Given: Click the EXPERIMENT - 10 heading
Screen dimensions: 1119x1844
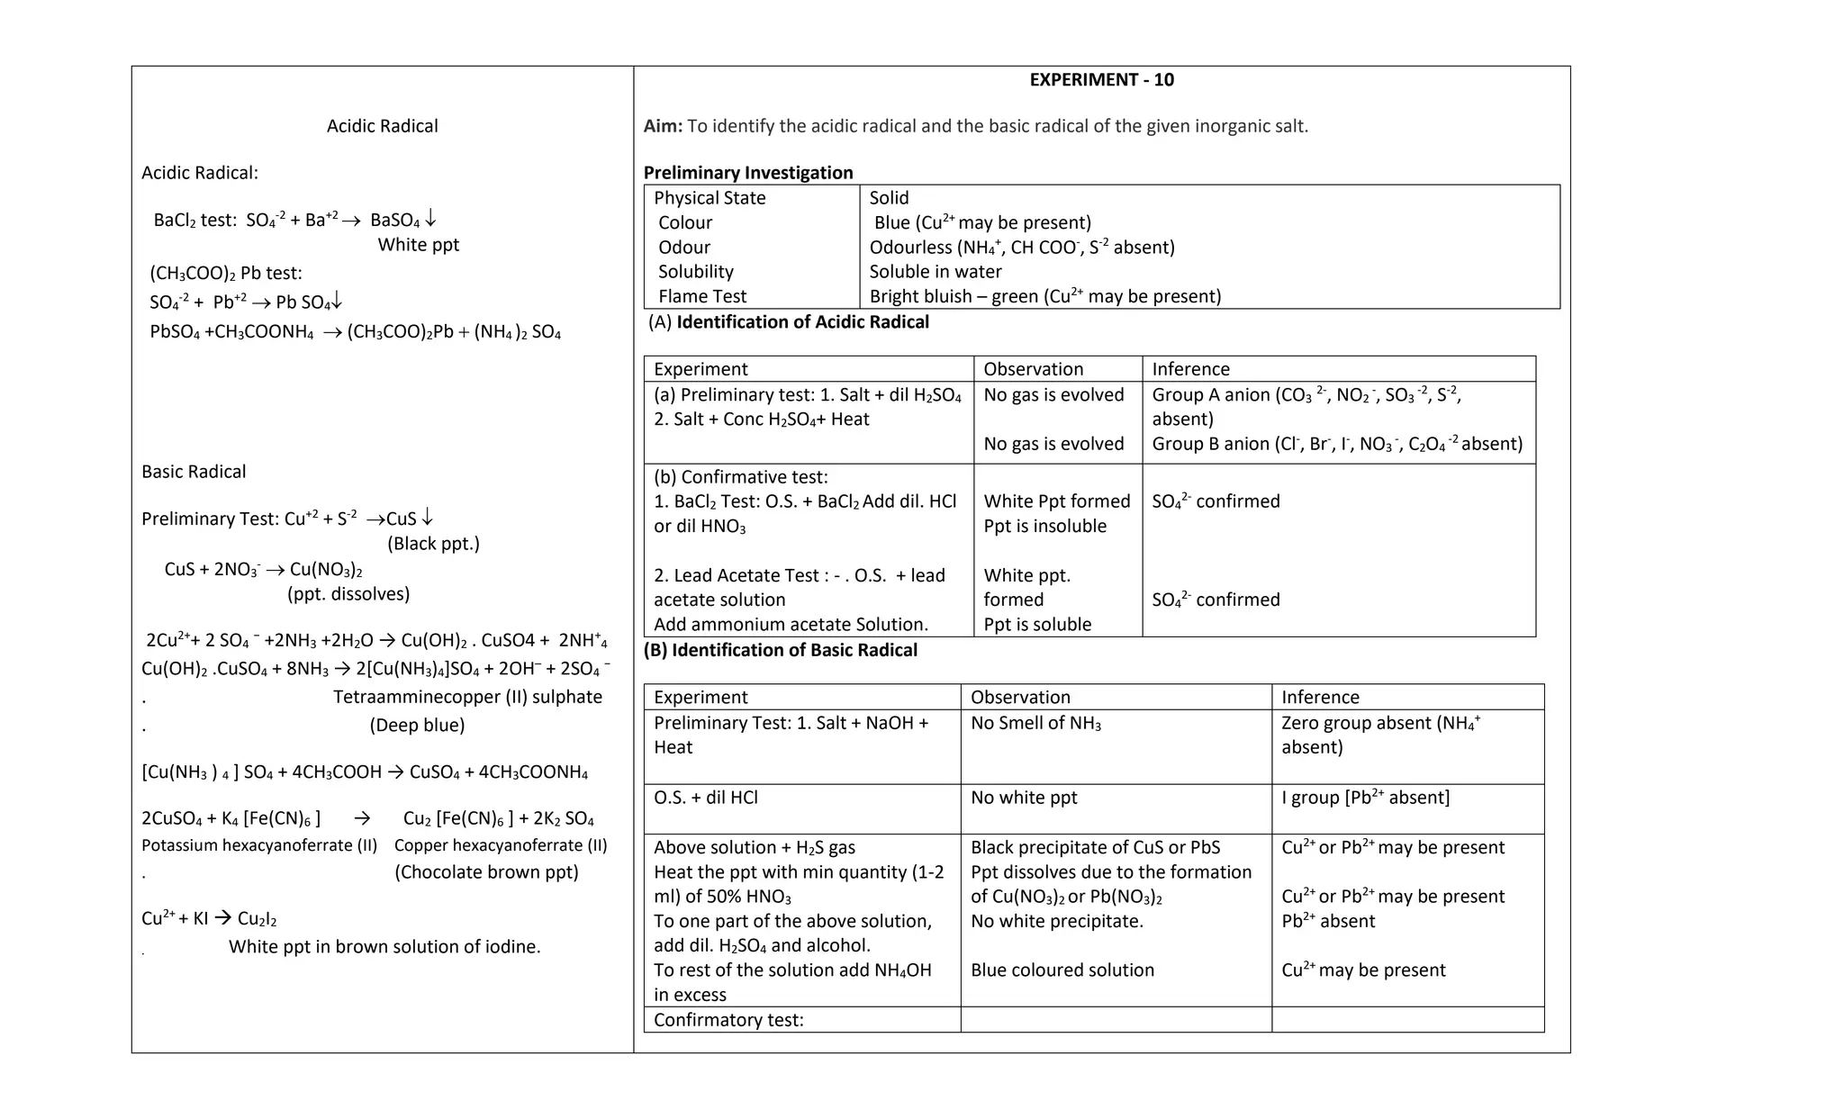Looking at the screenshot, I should coord(1101,80).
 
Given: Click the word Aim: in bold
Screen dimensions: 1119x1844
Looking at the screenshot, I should coord(663,126).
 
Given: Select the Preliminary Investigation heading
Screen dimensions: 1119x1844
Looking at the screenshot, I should coord(747,173).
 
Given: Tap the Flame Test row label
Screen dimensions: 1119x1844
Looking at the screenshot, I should coord(701,296).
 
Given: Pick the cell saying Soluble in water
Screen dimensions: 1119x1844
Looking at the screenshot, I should coord(935,272).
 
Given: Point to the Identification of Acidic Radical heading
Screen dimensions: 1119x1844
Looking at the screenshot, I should coord(801,322).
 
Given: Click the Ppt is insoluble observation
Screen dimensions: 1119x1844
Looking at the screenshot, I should coord(1044,527).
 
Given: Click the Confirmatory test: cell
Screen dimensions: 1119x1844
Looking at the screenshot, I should coord(728,1020).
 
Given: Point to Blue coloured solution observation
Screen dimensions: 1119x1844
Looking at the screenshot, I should coord(1062,970).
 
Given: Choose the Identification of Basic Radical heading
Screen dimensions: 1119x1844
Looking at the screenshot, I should coord(781,650).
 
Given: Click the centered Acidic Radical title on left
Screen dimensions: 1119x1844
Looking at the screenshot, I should coord(382,126).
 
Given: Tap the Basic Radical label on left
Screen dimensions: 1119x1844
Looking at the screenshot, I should coord(194,472).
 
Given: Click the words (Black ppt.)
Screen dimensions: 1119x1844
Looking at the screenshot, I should coord(433,544).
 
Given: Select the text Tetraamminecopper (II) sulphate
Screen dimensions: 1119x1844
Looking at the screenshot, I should coord(467,697).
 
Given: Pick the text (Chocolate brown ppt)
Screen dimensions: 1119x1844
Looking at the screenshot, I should coord(486,872).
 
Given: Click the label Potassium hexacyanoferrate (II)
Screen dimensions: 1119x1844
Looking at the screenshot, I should coord(259,845).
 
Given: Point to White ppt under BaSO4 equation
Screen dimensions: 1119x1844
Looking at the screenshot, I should coord(418,245).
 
